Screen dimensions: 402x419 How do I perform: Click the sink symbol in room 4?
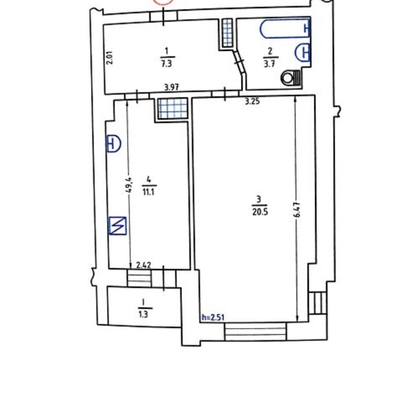pyautogui.click(x=114, y=143)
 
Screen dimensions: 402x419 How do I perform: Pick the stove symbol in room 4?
pyautogui.click(x=118, y=226)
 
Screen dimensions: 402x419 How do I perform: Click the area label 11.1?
pyautogui.click(x=148, y=192)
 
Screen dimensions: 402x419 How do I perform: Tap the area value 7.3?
pyautogui.click(x=167, y=64)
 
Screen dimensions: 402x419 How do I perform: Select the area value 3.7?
pyautogui.click(x=269, y=64)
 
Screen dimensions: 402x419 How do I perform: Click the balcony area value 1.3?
pyautogui.click(x=143, y=315)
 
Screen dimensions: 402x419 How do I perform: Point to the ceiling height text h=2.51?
pyautogui.click(x=213, y=317)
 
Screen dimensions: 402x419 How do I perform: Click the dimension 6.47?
pyautogui.click(x=298, y=209)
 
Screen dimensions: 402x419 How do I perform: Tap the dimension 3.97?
pyautogui.click(x=171, y=88)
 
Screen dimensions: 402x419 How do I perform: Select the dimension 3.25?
pyautogui.click(x=252, y=101)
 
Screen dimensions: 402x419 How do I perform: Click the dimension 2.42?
pyautogui.click(x=144, y=265)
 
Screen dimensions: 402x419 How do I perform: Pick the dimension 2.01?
pyautogui.click(x=110, y=58)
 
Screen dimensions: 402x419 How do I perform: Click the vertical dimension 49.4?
pyautogui.click(x=128, y=185)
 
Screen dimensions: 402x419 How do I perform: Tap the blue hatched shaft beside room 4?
pyautogui.click(x=173, y=108)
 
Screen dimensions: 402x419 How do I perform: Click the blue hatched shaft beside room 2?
pyautogui.click(x=227, y=33)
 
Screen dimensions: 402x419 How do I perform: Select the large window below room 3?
pyautogui.click(x=255, y=331)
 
